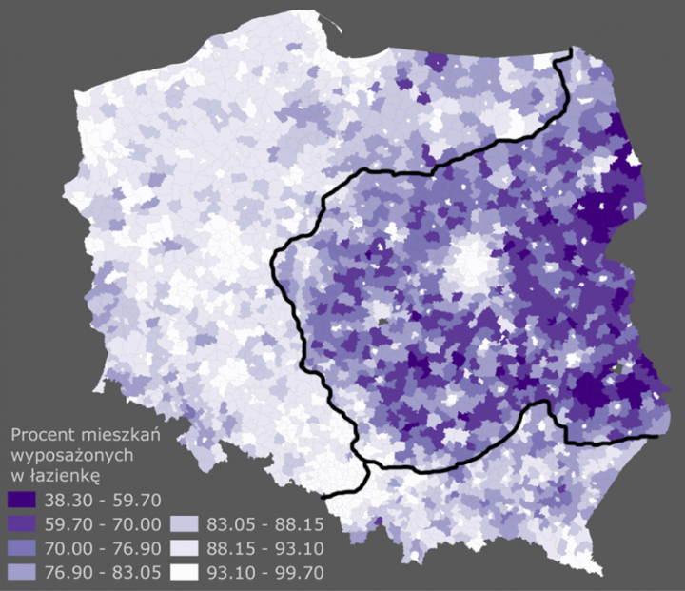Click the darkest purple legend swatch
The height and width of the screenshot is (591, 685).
[21, 500]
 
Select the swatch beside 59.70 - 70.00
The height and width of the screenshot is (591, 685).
[21, 523]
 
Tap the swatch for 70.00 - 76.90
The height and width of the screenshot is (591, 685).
[21, 547]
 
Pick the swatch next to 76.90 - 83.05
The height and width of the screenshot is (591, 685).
[21, 571]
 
